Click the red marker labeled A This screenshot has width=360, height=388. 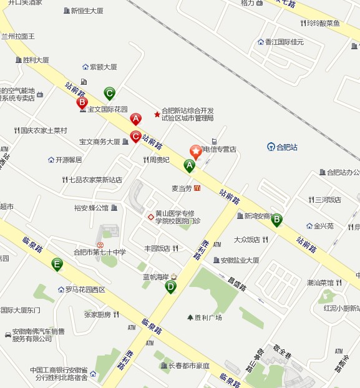click(x=135, y=119)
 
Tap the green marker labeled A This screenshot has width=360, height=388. click(x=189, y=165)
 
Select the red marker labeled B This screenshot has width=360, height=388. click(x=82, y=103)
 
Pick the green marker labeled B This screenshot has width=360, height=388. click(x=276, y=219)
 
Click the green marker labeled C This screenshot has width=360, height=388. click(x=109, y=94)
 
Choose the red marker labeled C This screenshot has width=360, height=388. click(x=135, y=137)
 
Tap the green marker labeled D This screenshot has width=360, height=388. click(x=170, y=287)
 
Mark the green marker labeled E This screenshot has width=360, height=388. click(x=57, y=264)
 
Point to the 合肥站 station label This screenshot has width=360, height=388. click(x=286, y=147)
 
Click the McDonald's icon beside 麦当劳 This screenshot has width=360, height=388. click(x=197, y=188)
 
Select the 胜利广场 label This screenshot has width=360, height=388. click(x=208, y=318)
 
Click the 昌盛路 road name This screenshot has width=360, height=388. click(x=235, y=284)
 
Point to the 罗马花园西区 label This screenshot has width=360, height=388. click(x=85, y=289)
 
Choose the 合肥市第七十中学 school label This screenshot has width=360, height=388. click(x=100, y=252)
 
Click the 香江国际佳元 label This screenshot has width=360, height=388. click(x=284, y=42)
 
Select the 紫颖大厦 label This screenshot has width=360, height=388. click(x=103, y=67)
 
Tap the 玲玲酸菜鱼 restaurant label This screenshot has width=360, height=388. click(x=323, y=24)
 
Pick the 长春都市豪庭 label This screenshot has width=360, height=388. click(x=189, y=366)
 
